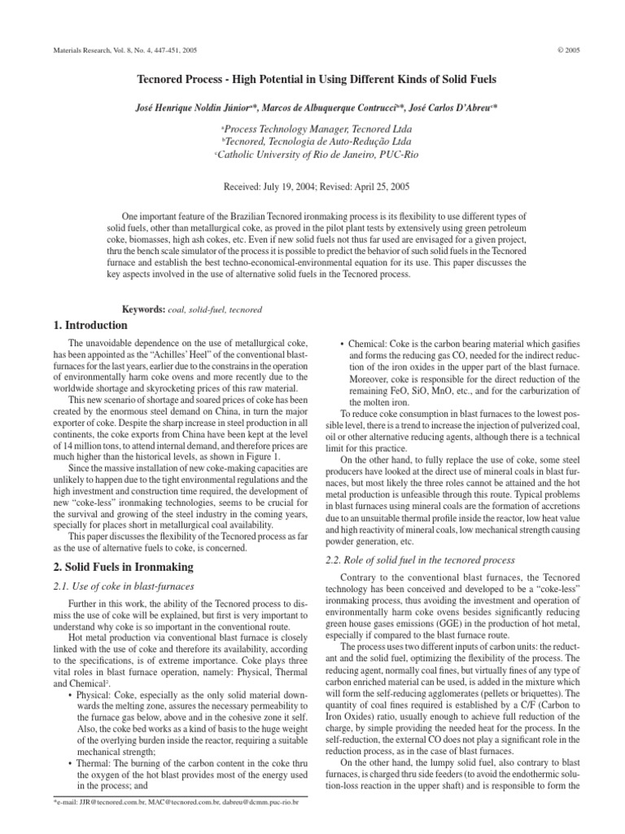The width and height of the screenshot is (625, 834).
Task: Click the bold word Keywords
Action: (143, 309)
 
